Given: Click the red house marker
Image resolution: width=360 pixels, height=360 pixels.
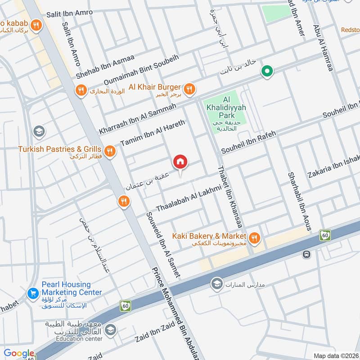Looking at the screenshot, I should [180, 162].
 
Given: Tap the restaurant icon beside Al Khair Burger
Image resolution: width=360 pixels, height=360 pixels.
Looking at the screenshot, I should [189, 89].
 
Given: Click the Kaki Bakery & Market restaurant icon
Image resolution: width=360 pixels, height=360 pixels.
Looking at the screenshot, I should [255, 238].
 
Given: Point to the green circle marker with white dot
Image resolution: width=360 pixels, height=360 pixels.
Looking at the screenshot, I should [267, 72].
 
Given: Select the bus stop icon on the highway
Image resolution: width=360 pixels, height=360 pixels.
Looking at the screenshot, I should [306, 254].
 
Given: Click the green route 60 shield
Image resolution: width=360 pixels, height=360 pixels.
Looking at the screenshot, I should [325, 234].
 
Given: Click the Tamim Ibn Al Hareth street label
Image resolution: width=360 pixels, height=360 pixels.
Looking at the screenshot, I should [153, 133].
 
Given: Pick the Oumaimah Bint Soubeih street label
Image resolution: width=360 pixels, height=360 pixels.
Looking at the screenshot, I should [141, 70].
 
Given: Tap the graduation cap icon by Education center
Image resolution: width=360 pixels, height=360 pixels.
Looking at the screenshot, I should [110, 330].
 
